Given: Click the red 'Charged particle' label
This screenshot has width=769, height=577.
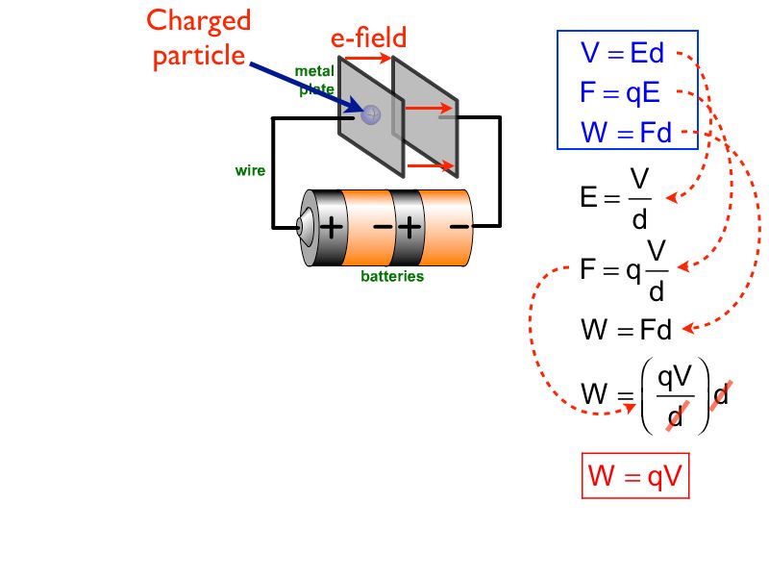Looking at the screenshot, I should pyautogui.click(x=199, y=38).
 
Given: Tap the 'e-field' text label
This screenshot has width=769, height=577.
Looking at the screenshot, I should pyautogui.click(x=368, y=38).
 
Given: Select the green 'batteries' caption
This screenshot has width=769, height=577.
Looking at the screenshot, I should pyautogui.click(x=391, y=276).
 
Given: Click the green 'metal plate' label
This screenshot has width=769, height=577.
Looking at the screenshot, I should pyautogui.click(x=314, y=80).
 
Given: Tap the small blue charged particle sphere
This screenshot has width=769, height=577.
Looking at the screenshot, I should pyautogui.click(x=371, y=113).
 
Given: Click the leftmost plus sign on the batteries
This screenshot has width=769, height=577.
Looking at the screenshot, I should pyautogui.click(x=331, y=228).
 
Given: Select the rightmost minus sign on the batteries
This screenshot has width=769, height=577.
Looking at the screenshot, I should pyautogui.click(x=459, y=228).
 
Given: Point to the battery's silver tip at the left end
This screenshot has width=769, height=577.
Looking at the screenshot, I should pyautogui.click(x=303, y=228).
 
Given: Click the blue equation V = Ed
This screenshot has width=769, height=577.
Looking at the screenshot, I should pyautogui.click(x=622, y=54).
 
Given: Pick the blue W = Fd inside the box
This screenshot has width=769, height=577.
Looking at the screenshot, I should pyautogui.click(x=626, y=132).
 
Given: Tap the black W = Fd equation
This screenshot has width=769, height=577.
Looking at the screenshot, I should pyautogui.click(x=626, y=331).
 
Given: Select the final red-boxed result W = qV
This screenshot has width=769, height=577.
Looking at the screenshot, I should pyautogui.click(x=634, y=478).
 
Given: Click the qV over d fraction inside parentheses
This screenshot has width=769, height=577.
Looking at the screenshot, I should pyautogui.click(x=674, y=397).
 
